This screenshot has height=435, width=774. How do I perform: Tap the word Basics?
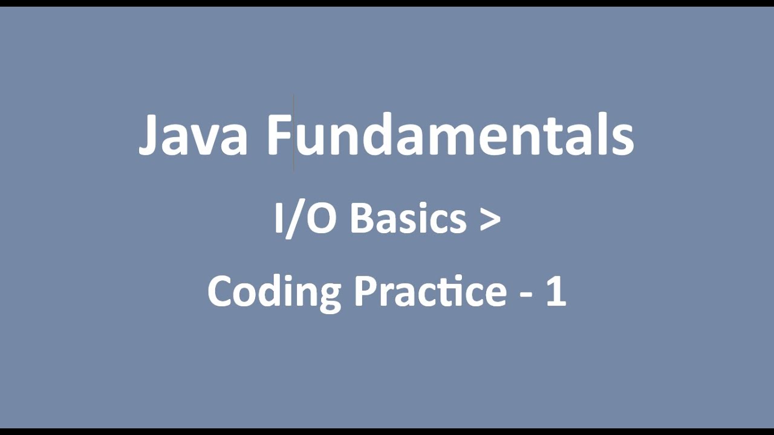tap(408, 218)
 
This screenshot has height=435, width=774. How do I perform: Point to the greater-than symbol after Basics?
tap(490, 219)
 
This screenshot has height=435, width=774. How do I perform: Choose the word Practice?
tap(430, 291)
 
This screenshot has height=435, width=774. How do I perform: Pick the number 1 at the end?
tap(556, 291)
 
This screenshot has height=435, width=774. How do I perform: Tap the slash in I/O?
tap(294, 219)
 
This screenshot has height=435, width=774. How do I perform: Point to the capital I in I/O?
tap(279, 218)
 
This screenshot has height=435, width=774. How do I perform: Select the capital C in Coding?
tap(221, 291)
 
